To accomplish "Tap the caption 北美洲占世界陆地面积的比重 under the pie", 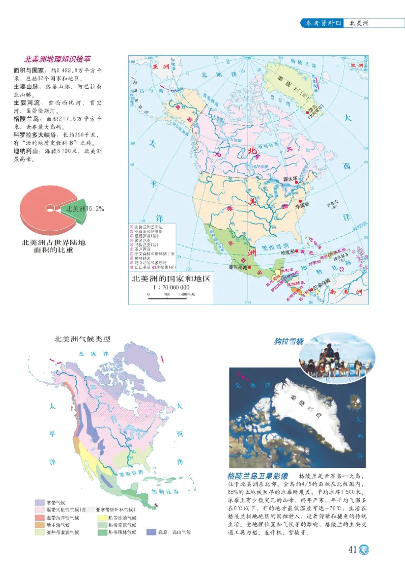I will (53, 246).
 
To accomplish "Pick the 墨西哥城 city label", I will (237, 267).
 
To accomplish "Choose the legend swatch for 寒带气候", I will (38, 502).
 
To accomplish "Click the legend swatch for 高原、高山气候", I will (151, 532).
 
